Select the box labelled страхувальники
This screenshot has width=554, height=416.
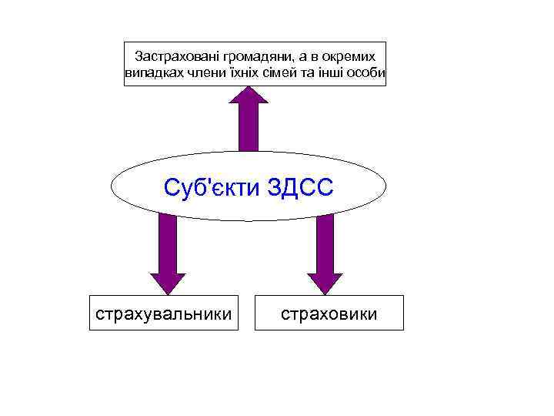(x=162, y=313)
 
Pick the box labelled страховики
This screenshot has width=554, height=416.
(x=329, y=313)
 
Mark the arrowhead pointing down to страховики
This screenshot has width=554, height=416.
(x=325, y=282)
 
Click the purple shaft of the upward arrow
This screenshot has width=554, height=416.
(x=249, y=131)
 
